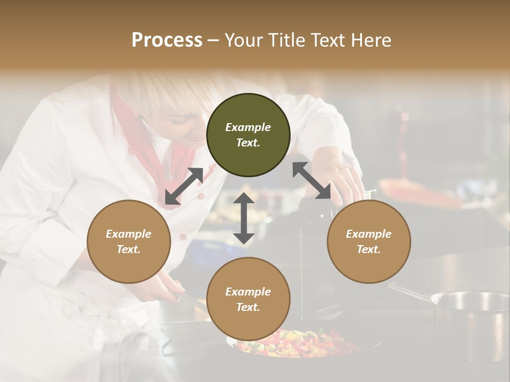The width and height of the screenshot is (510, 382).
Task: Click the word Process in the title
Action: (x=167, y=40)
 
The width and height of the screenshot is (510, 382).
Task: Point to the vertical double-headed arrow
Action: (x=244, y=218)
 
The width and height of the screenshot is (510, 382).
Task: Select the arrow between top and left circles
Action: (x=184, y=186)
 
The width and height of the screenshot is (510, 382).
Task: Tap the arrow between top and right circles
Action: (x=311, y=180)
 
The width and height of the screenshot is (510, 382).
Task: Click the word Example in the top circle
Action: (x=248, y=127)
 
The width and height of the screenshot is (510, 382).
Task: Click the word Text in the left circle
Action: (x=129, y=249)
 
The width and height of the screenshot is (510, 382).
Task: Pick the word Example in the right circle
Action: (x=368, y=234)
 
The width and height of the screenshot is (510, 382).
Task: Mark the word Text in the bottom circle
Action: (x=248, y=307)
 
